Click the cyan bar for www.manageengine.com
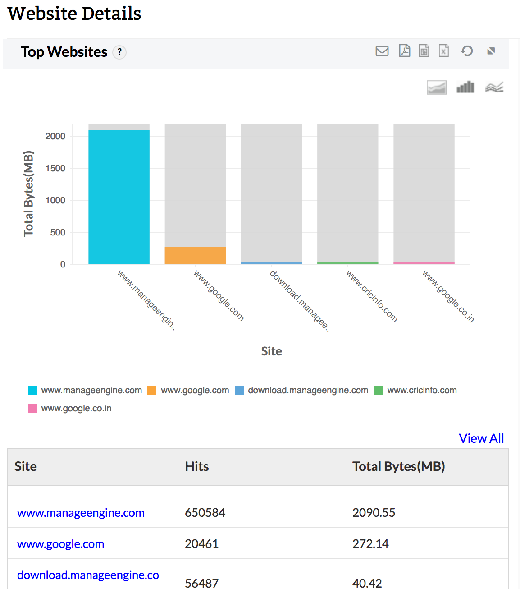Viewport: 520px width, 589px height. coord(119,197)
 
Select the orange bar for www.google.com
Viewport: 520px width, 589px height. coord(195,255)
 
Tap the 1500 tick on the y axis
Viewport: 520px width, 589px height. coord(55,168)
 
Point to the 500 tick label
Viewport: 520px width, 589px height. coord(58,232)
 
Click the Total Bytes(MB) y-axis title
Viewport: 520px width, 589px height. coord(28,193)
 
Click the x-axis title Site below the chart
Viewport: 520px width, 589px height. coord(271,351)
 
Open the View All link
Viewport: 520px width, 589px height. coord(481,438)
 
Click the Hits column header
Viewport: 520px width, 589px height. coord(197,466)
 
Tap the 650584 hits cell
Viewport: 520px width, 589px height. coord(205,513)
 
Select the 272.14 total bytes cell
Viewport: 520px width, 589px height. coord(370,544)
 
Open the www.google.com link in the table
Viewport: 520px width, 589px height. coord(61,544)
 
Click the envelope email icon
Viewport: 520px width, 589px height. coord(382,51)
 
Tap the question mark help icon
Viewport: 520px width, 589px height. coord(119,52)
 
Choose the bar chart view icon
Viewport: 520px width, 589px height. coord(465,87)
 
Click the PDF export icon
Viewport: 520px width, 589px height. coord(405,51)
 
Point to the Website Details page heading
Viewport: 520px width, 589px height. coord(74,14)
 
